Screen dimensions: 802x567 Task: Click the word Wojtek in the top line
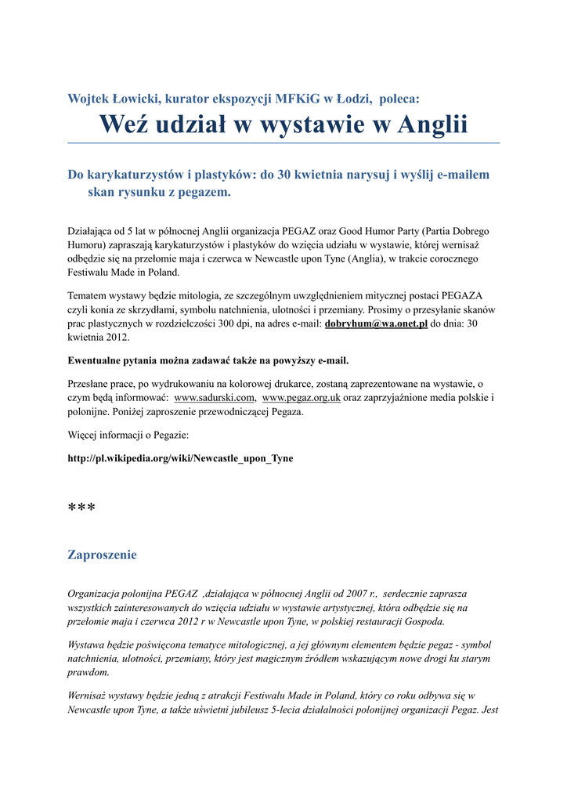[89, 99]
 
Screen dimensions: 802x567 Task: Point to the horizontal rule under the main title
[283, 143]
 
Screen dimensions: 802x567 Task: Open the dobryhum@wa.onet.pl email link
[376, 324]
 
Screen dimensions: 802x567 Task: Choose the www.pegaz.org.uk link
[302, 398]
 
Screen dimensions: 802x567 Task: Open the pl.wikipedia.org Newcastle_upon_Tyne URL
[180, 458]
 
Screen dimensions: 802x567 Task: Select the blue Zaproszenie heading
[102, 555]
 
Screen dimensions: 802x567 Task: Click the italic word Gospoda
[424, 622]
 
